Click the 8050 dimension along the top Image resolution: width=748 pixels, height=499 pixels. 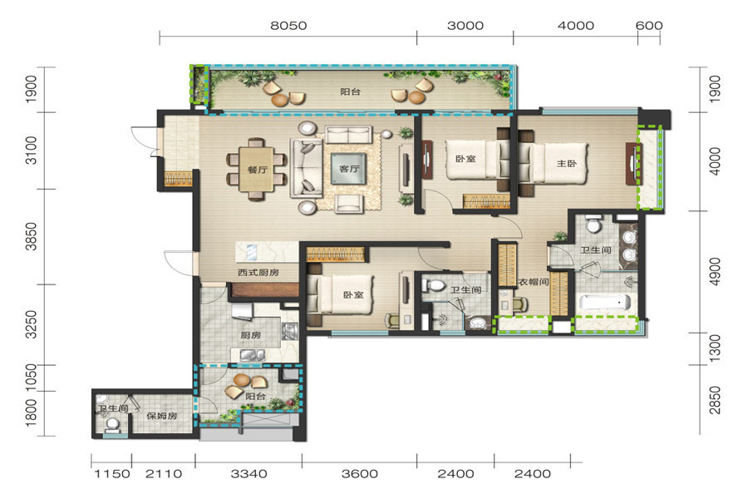(288, 25)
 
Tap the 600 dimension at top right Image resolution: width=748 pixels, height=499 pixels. (649, 25)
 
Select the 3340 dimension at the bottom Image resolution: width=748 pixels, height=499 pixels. (249, 474)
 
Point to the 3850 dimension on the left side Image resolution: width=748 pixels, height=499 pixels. (31, 236)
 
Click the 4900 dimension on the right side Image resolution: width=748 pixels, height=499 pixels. (715, 272)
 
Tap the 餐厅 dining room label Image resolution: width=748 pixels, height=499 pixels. (258, 169)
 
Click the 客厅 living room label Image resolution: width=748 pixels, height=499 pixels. (349, 169)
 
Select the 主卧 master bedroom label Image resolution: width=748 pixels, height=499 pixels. (567, 163)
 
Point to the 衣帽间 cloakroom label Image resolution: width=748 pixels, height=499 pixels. (533, 282)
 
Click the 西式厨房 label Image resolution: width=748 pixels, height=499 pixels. (258, 272)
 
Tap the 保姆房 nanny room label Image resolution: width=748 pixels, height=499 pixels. (162, 416)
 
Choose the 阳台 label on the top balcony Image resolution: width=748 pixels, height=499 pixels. (350, 91)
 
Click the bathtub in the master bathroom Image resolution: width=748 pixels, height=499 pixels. (605, 302)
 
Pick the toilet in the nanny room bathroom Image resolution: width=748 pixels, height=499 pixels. (112, 423)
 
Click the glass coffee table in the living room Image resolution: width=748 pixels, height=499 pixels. (349, 169)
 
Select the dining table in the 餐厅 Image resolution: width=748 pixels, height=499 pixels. (256, 169)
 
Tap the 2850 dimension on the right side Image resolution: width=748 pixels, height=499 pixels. (715, 400)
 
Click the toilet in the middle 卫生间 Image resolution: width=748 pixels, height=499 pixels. (435, 285)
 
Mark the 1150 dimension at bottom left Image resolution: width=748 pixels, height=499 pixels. (111, 474)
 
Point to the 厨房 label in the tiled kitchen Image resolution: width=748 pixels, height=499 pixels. (250, 335)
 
